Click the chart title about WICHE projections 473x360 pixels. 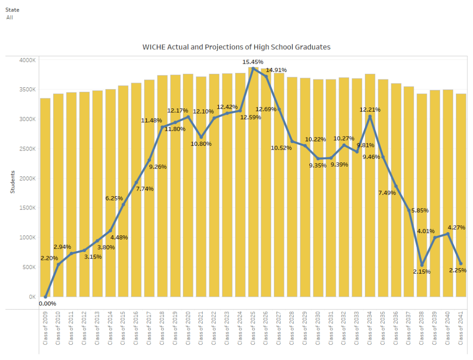[236, 47]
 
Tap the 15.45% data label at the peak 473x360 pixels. [253, 62]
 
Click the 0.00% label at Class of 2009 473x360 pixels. [48, 304]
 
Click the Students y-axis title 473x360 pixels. [13, 182]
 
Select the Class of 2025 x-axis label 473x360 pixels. [253, 328]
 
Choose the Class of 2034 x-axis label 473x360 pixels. [370, 328]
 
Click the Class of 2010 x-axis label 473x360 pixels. [58, 328]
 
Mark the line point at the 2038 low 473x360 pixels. [422, 265]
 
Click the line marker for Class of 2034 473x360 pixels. [370, 117]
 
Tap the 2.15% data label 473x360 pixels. [422, 272]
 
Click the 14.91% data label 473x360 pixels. [276, 70]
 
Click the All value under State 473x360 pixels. [10, 17]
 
